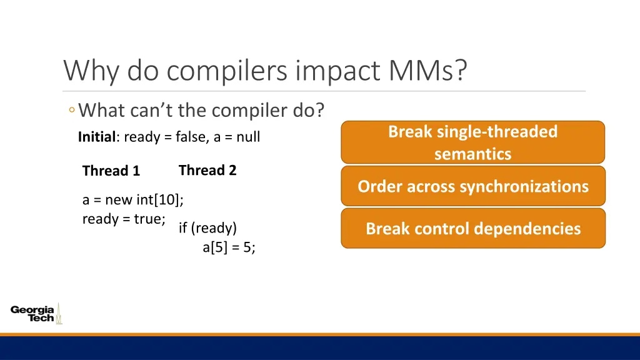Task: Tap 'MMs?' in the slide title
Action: point(427,70)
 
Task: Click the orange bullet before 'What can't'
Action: point(72,110)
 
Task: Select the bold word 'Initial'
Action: point(97,137)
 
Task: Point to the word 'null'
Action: point(248,137)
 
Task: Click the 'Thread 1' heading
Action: point(111,171)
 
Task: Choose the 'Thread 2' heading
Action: point(207,170)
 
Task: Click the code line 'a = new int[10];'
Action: point(133,199)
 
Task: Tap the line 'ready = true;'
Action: point(124,219)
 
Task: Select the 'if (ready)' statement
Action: point(207,228)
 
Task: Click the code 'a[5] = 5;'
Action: point(229,247)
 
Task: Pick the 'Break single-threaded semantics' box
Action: point(472,142)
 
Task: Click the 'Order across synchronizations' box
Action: point(473,186)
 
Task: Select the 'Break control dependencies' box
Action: point(473,229)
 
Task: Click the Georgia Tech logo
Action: point(36,314)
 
